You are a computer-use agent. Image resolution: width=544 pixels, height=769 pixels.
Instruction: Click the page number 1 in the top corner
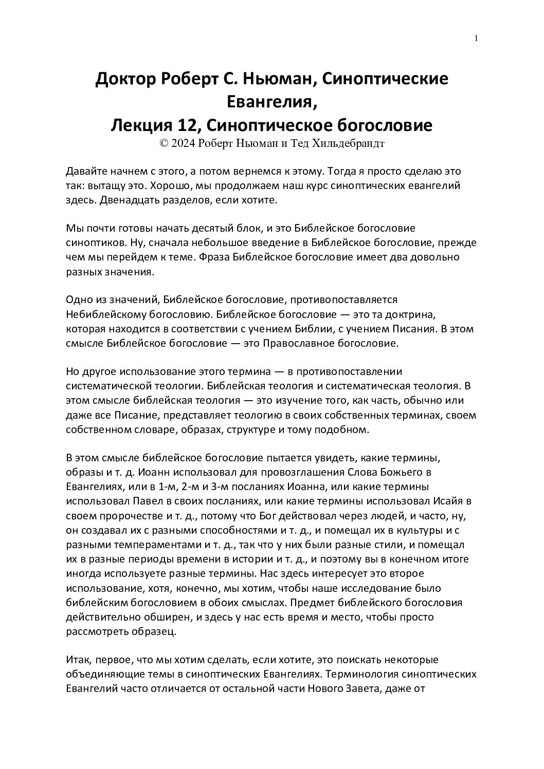point(477,39)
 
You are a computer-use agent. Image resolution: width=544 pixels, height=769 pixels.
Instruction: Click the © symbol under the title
point(165,143)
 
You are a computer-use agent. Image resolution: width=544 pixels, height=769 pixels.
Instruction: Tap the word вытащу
point(106,185)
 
